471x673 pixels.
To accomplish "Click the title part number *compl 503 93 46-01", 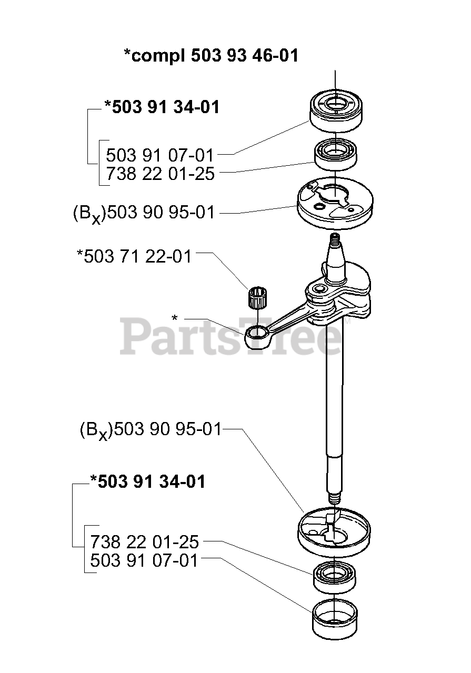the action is [x=211, y=55].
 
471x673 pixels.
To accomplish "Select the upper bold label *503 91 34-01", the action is [x=162, y=107].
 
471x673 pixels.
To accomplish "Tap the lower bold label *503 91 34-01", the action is [x=147, y=481].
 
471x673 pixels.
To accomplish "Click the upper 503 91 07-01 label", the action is [x=161, y=155].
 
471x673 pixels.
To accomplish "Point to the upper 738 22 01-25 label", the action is [x=161, y=174].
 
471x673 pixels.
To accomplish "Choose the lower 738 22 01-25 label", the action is [x=145, y=541].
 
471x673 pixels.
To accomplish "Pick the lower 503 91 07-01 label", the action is [x=145, y=560].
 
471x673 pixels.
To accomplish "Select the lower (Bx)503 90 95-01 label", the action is [x=151, y=430].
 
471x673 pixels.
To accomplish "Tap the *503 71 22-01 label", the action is [x=134, y=256].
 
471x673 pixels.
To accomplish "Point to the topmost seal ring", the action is [x=335, y=108].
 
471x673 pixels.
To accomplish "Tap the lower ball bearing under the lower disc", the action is [x=335, y=577].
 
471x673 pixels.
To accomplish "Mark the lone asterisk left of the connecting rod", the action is [x=175, y=318].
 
